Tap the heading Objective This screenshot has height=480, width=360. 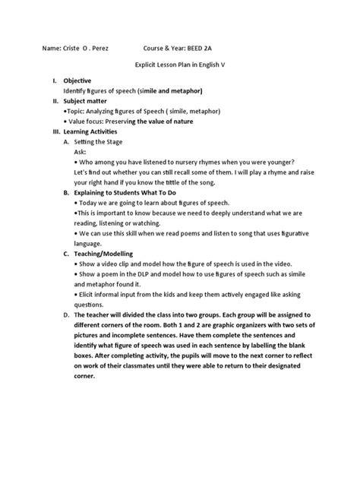coord(77,80)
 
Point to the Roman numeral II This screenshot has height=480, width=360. coord(54,100)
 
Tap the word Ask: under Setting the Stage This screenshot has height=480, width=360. coord(81,152)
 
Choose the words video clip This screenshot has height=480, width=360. coord(118,264)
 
